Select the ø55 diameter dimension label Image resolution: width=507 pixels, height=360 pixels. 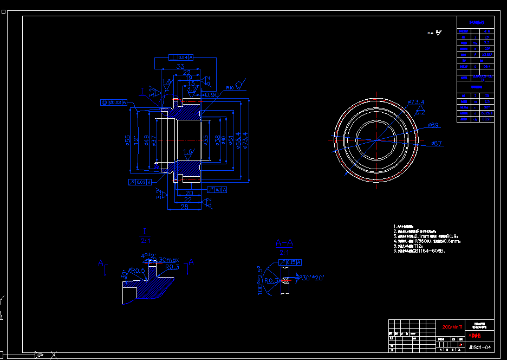(128, 140)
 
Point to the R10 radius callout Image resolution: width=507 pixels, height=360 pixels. (230, 87)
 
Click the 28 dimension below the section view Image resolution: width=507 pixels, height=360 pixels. (184, 207)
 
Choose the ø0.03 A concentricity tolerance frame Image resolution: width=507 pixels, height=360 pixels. (114, 102)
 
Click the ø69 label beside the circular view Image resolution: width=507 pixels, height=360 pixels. (433, 125)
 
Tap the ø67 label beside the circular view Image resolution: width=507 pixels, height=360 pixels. (437, 143)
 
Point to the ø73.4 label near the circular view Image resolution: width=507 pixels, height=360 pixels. (416, 102)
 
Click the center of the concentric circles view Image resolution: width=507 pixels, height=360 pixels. (375, 139)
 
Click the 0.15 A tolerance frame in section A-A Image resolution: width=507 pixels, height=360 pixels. (289, 262)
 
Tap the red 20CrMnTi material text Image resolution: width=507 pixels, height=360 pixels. (453, 327)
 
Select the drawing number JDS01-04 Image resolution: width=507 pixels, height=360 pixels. (480, 346)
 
